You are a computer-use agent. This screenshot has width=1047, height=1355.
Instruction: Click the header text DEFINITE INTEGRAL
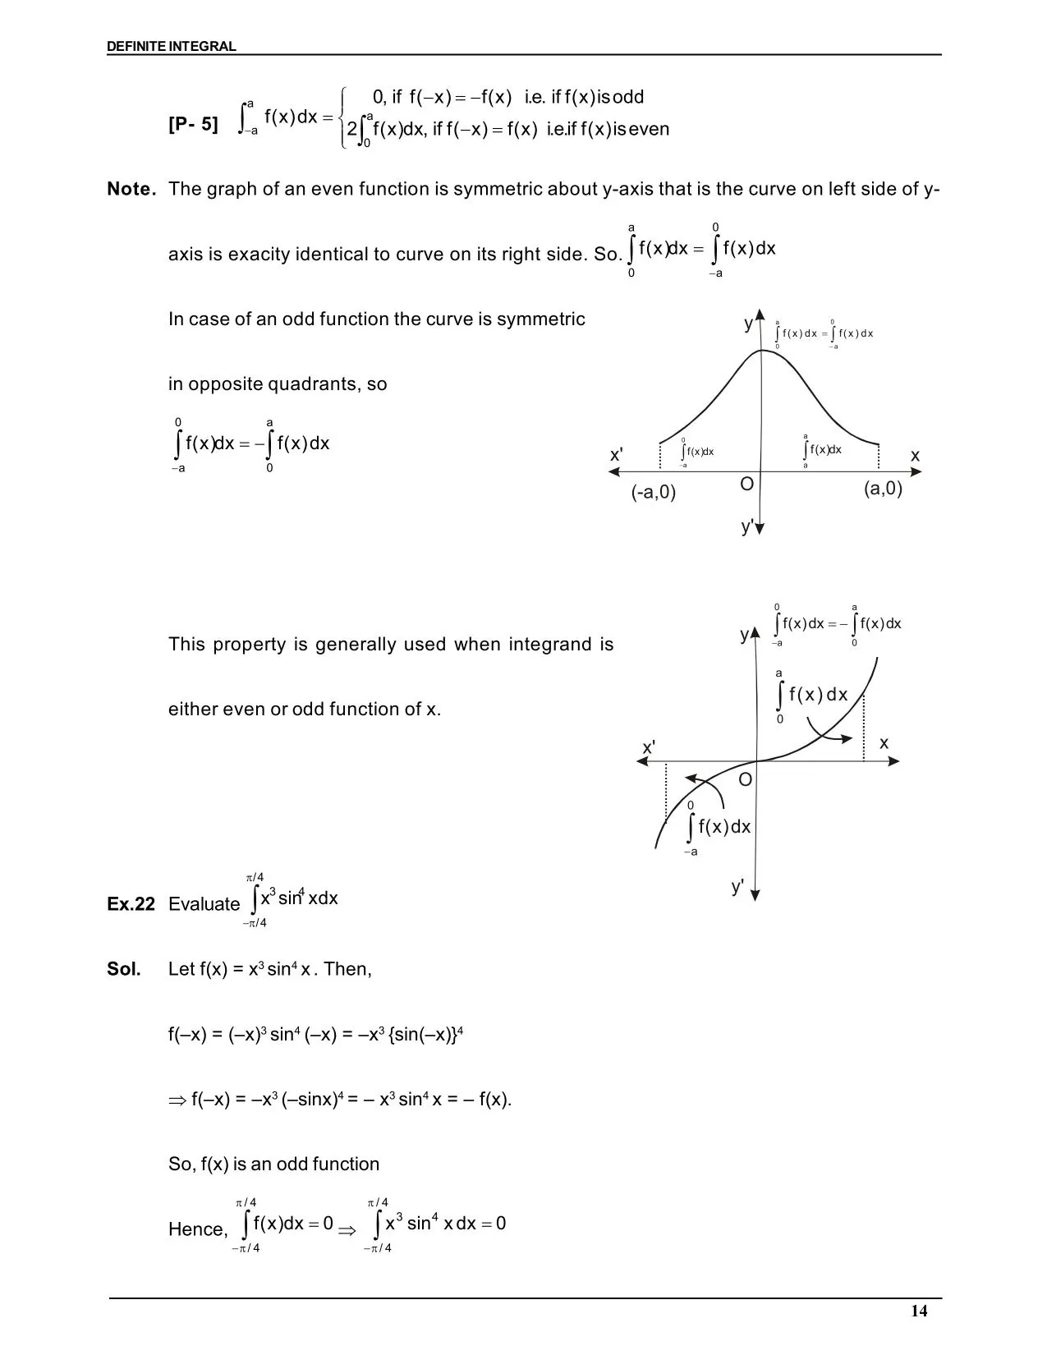click(x=171, y=47)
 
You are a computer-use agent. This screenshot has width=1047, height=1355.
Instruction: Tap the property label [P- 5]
click(x=194, y=124)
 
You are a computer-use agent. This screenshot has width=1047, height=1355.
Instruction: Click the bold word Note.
click(x=131, y=190)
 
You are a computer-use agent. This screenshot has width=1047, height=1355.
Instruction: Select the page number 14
click(x=919, y=1311)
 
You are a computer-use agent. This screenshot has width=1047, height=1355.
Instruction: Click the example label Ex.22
click(x=131, y=904)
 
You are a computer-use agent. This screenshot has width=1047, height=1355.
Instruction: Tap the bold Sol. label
click(x=124, y=969)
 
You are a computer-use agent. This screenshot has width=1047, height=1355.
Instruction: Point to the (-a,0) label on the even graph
click(x=654, y=492)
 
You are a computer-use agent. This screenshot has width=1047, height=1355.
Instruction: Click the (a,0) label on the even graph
click(x=883, y=489)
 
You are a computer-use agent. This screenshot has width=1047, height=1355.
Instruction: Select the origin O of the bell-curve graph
click(x=746, y=485)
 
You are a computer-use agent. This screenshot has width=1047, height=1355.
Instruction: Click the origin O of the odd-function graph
click(x=745, y=779)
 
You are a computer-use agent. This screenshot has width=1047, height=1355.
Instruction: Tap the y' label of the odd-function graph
click(x=738, y=887)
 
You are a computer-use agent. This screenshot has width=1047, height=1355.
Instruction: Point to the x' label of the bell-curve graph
click(x=617, y=455)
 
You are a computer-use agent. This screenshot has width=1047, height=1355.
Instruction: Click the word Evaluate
click(x=204, y=904)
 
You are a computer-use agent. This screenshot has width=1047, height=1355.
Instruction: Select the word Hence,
click(x=198, y=1229)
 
